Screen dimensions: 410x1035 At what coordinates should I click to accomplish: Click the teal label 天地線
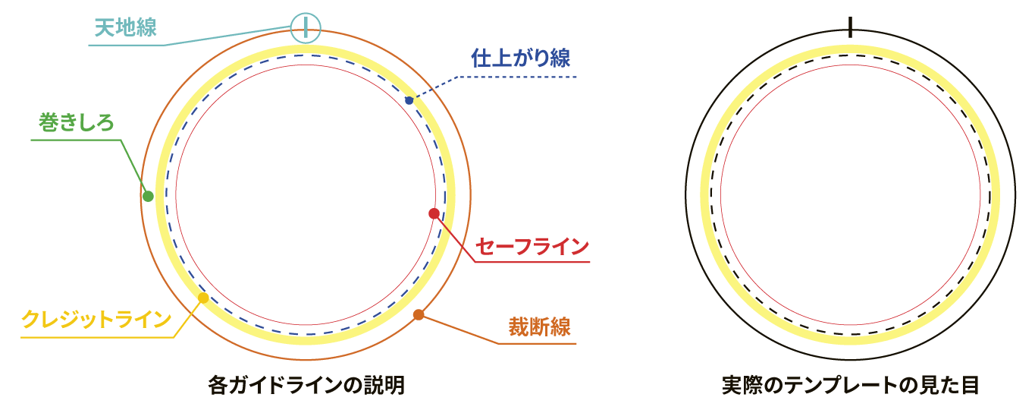click(126, 28)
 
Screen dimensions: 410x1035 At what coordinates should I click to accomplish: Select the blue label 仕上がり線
click(520, 58)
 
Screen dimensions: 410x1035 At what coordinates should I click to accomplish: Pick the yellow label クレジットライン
click(96, 319)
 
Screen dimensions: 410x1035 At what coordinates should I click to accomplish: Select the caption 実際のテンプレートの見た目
click(851, 386)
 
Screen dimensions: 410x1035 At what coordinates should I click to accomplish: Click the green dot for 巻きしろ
click(148, 197)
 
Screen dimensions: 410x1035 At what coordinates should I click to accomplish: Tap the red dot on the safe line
click(434, 213)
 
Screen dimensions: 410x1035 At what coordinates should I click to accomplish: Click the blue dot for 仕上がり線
click(409, 100)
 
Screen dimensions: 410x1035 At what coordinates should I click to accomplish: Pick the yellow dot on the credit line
click(202, 298)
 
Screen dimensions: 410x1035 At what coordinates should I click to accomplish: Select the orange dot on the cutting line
click(419, 314)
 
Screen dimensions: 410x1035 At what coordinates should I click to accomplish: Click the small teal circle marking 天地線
click(306, 28)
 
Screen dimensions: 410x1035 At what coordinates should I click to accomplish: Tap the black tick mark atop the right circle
click(852, 28)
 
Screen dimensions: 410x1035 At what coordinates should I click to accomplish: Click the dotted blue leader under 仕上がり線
click(516, 77)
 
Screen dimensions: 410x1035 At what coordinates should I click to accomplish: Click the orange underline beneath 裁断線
click(537, 345)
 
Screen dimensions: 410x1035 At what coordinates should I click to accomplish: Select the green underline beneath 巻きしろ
click(76, 140)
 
